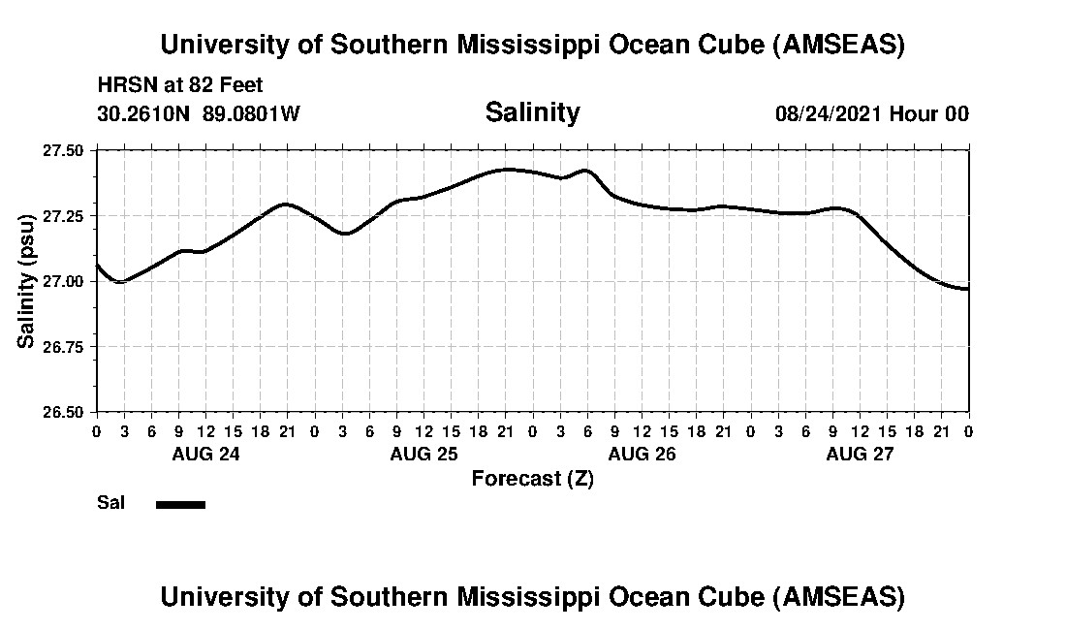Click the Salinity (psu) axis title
pyautogui.click(x=27, y=281)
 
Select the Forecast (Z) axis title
pyautogui.click(x=532, y=479)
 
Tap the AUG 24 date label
pyautogui.click(x=204, y=454)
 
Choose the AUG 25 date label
pyautogui.click(x=423, y=454)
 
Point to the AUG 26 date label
pyautogui.click(x=642, y=454)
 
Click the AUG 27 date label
pyautogui.click(x=860, y=454)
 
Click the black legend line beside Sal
pyautogui.click(x=180, y=504)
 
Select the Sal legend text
pyautogui.click(x=110, y=503)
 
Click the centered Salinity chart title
pyautogui.click(x=532, y=112)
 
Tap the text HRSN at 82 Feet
pyautogui.click(x=180, y=86)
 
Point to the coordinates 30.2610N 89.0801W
pyautogui.click(x=199, y=113)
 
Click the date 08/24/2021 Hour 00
pyautogui.click(x=871, y=113)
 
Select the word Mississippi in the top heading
pyautogui.click(x=542, y=45)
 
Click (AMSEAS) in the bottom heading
pyautogui.click(x=839, y=597)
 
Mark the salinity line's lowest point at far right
pyautogui.click(x=965, y=289)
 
